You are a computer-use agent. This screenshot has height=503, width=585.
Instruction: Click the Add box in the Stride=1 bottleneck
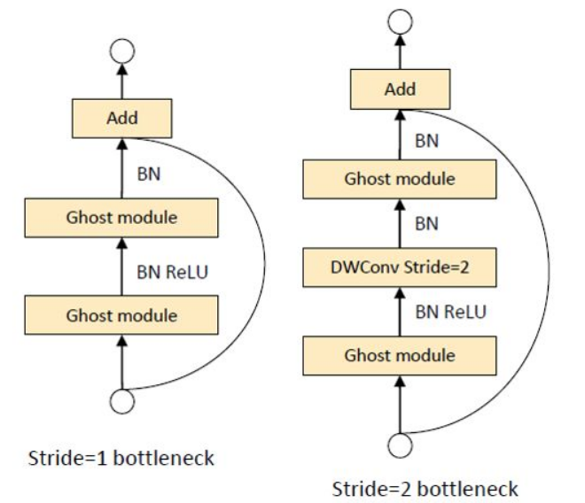pos(122,118)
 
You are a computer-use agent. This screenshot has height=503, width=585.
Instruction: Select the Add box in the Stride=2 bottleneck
pos(400,89)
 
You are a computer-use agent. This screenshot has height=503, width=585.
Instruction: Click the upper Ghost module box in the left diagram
pos(122,217)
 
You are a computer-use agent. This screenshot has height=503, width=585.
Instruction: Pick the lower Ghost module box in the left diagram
pos(122,314)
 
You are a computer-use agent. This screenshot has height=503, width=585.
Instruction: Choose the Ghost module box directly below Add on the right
pos(400,179)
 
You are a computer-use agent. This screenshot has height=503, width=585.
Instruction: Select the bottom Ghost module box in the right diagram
pos(400,356)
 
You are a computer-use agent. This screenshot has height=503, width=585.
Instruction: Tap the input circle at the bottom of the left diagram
pos(122,401)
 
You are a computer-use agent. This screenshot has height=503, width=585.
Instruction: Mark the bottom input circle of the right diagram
pos(401,444)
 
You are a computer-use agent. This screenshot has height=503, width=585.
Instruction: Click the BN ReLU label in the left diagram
pos(172,272)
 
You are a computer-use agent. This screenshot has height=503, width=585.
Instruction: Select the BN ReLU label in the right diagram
pos(450,312)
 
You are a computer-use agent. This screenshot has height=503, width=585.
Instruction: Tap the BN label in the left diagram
pos(149,174)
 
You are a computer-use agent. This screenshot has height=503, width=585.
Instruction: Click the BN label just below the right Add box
pos(426,139)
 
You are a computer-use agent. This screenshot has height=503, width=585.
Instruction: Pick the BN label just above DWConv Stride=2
pos(426,223)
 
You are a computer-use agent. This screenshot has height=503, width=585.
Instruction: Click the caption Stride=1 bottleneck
pos(122,459)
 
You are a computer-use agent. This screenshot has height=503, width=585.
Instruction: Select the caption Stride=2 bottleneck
pos(425,489)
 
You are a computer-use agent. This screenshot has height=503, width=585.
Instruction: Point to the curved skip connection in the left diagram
pos(262,266)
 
